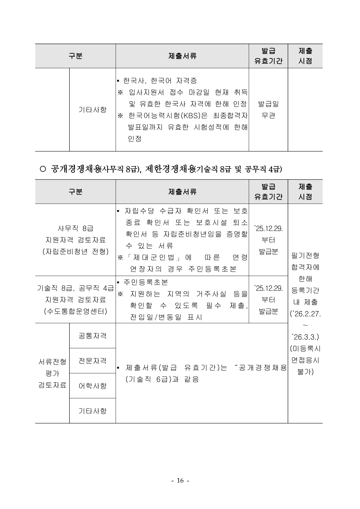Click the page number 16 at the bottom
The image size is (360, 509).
tap(180, 481)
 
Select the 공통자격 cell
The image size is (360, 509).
tap(92, 336)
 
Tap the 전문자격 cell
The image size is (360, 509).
tap(92, 361)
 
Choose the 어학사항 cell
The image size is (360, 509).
tap(92, 386)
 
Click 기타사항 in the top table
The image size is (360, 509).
tap(92, 110)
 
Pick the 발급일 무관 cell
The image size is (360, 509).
tap(268, 110)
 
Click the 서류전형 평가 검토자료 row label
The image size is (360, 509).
tap(52, 373)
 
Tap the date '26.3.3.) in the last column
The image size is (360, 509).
tap(305, 337)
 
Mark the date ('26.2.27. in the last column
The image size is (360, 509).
tap(305, 314)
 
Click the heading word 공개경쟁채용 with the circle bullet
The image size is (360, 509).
tap(75, 169)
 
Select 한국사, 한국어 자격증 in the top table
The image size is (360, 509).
tap(160, 80)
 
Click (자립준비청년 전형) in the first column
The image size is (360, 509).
tap(75, 252)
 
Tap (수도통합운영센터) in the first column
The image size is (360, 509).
tap(75, 311)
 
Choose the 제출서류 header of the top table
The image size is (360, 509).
tap(182, 56)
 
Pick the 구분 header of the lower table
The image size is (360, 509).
tap(75, 192)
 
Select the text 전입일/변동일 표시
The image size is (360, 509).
tap(166, 317)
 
